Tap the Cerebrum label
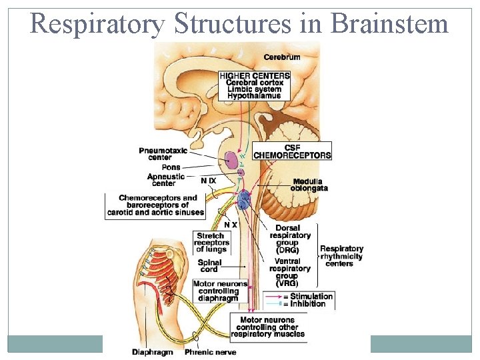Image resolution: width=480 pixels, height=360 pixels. click(282, 57)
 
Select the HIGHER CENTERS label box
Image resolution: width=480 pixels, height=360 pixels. click(255, 85)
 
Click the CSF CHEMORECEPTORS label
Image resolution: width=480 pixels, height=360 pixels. click(292, 151)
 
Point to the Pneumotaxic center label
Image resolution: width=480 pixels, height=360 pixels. click(163, 154)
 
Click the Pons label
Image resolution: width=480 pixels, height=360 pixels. click(171, 167)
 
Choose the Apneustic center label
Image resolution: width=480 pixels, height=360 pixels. click(163, 180)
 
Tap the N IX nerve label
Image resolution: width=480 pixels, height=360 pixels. click(209, 181)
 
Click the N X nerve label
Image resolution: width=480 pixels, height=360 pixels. click(231, 225)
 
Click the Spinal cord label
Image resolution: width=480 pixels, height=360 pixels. click(209, 267)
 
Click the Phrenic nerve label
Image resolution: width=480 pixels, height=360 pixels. click(210, 352)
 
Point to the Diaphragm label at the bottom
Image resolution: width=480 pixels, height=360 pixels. click(153, 352)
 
